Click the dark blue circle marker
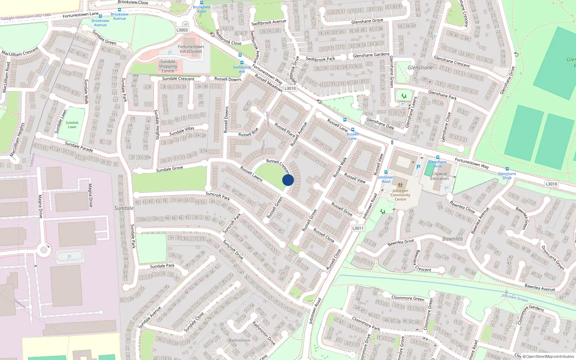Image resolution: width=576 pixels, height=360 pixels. [x=288, y=180]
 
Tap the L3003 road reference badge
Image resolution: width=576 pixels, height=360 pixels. [x=182, y=30]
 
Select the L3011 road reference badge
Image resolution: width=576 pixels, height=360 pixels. [x=357, y=228]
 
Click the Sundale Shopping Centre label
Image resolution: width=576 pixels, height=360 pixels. [x=168, y=66]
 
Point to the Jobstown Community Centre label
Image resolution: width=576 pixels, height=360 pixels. [x=400, y=195]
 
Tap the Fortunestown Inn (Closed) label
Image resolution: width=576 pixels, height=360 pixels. [x=191, y=49]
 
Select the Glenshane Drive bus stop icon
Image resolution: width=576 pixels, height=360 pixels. [x=507, y=169]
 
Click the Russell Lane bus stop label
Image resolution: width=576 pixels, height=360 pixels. [x=352, y=136]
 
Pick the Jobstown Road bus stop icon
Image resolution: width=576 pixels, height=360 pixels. [x=386, y=172]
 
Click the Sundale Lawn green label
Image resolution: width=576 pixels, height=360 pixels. [x=72, y=125]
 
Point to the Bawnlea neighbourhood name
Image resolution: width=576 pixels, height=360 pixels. [x=452, y=239]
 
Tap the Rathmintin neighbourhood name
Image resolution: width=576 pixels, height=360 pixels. [x=239, y=340]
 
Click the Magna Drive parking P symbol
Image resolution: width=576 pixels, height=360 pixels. [x=69, y=257]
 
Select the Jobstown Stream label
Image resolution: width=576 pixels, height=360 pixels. [x=515, y=298]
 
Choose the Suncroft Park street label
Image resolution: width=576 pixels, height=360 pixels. [x=218, y=196]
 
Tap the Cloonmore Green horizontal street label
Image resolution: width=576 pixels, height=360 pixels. [x=408, y=298]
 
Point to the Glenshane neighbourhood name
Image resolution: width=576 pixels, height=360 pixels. [x=420, y=68]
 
